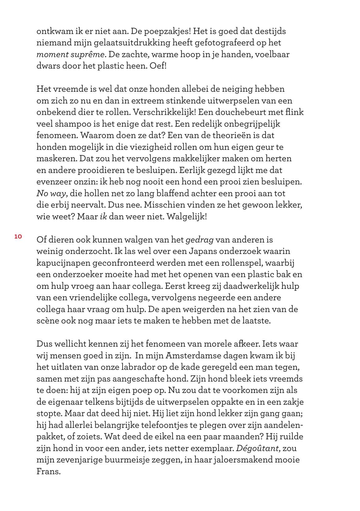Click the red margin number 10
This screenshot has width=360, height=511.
[18, 237]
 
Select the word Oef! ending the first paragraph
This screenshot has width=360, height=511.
[158, 66]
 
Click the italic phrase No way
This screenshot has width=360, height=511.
[51, 193]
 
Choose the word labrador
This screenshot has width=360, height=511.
[149, 367]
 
